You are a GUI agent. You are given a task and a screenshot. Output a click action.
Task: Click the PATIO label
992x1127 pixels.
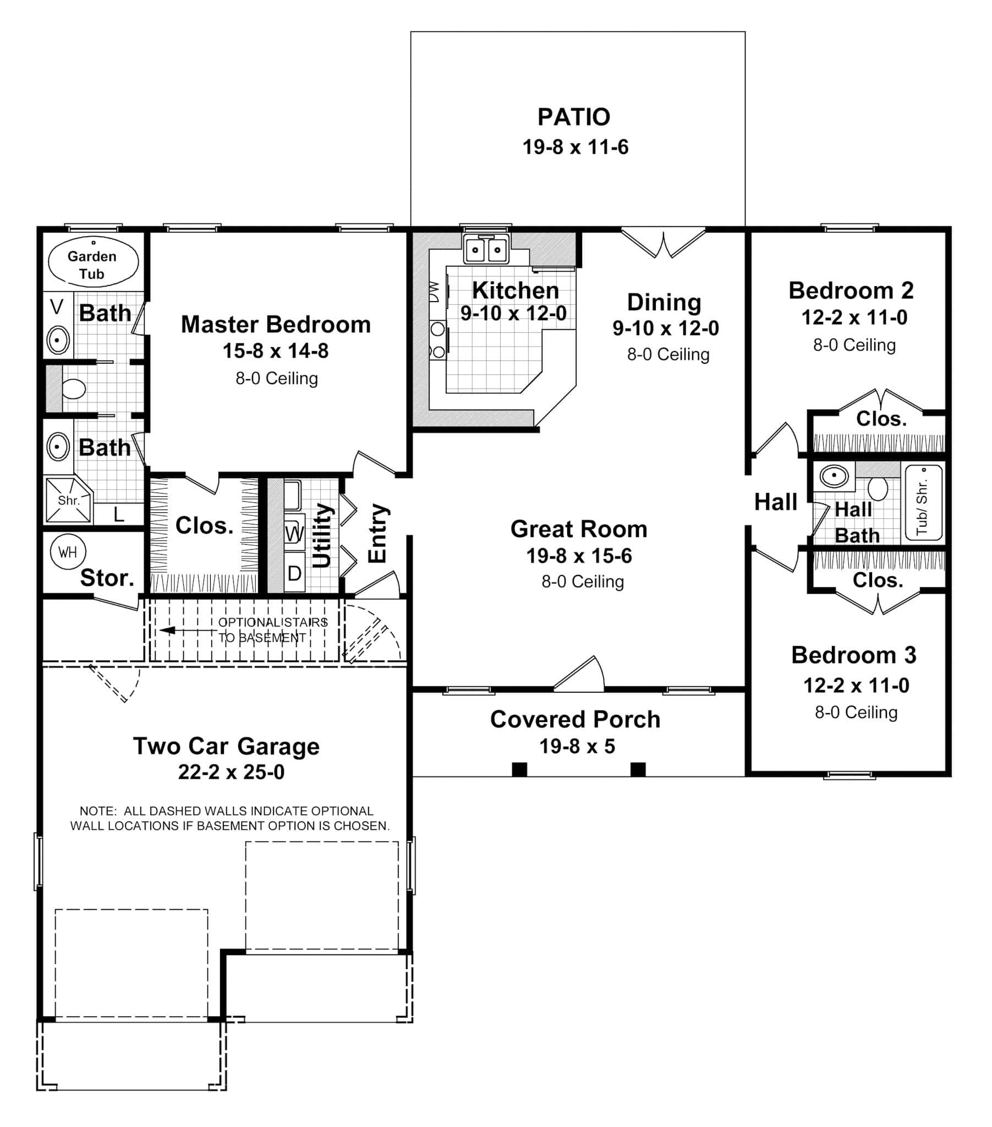click(x=573, y=117)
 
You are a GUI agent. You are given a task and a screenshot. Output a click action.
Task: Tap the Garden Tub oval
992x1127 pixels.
click(x=93, y=262)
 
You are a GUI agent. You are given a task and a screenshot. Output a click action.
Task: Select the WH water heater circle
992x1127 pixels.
click(x=68, y=552)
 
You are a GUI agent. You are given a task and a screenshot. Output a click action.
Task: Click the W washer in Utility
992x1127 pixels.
click(x=294, y=533)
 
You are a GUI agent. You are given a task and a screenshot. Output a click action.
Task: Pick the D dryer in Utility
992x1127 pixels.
click(x=294, y=573)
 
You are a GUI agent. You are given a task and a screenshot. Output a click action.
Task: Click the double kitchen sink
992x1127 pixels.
click(x=486, y=249)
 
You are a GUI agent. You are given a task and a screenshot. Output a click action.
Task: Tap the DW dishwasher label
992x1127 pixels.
click(x=435, y=292)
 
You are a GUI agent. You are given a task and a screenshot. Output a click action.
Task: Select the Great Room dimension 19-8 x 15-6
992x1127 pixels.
click(x=578, y=556)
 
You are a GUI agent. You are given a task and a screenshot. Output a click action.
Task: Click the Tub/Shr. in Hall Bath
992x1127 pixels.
click(x=924, y=503)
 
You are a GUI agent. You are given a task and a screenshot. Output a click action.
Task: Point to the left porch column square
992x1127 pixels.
click(x=519, y=769)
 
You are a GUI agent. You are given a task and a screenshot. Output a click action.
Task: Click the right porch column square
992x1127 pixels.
click(x=638, y=769)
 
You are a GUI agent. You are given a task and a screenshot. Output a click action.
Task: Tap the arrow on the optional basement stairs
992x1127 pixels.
click(x=168, y=630)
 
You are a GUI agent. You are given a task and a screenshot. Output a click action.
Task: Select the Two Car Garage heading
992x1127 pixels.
click(x=226, y=746)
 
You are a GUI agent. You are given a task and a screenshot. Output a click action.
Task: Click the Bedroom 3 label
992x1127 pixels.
click(x=853, y=655)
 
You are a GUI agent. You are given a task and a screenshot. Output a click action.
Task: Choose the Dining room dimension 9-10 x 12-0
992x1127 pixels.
click(x=666, y=329)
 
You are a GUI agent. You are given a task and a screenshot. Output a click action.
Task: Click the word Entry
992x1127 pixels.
click(x=378, y=533)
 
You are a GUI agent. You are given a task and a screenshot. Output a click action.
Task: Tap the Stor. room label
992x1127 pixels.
click(x=107, y=578)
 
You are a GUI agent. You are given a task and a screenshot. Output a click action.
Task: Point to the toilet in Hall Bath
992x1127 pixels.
click(x=878, y=488)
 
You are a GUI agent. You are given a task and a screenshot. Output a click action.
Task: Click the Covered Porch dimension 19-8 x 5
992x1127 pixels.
click(x=577, y=746)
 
